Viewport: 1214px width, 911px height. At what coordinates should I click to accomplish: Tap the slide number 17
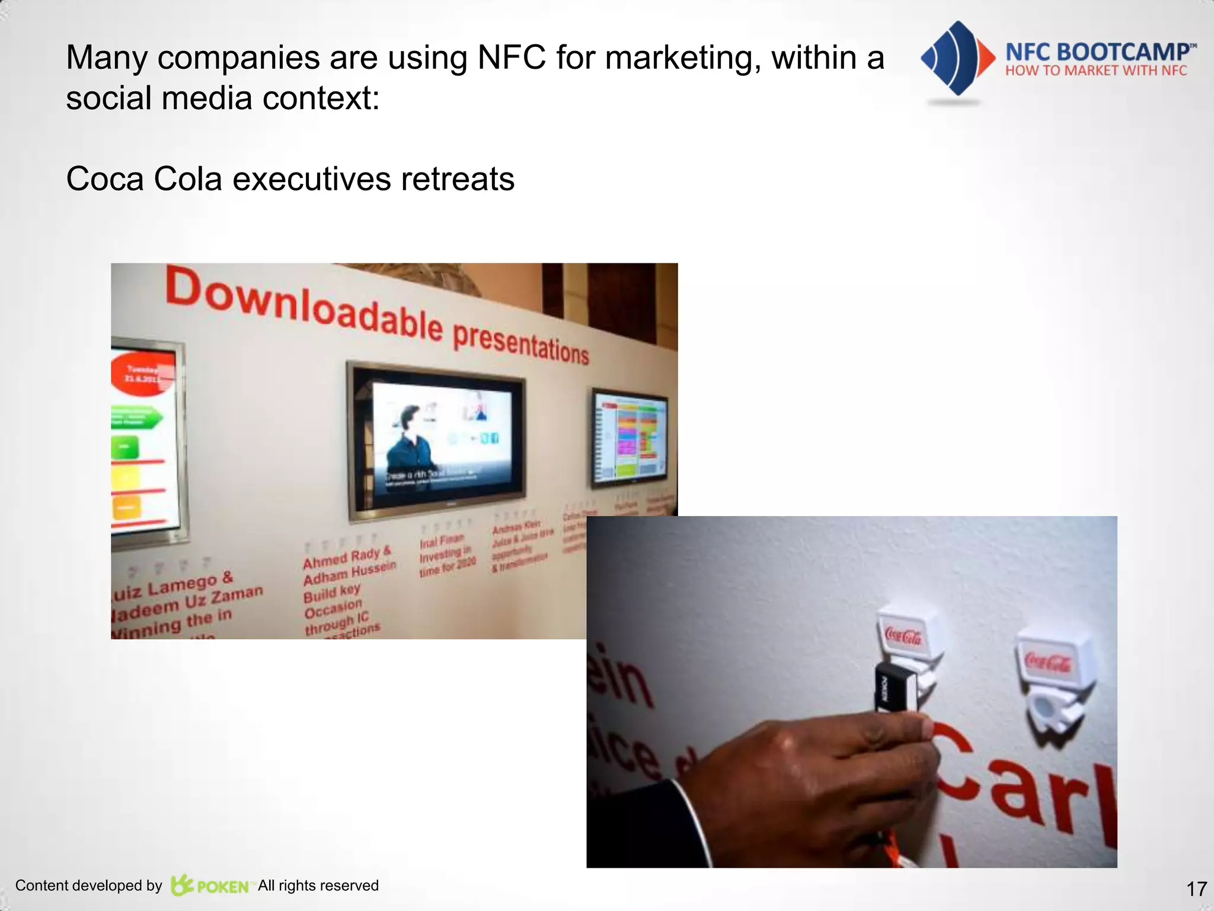pos(1196,888)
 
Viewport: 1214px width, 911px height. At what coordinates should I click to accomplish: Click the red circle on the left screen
pos(142,373)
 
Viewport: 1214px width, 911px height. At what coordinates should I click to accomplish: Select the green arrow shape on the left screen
pos(136,418)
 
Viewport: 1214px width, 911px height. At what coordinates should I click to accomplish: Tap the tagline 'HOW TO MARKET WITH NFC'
pos(1096,71)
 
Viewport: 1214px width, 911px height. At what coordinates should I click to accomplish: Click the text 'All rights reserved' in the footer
pos(318,885)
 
